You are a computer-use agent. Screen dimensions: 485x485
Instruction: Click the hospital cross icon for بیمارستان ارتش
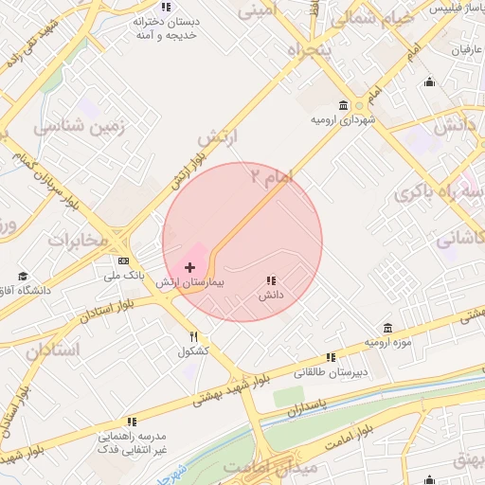[189, 269]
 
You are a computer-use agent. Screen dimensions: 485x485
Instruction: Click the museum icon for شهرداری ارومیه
[343, 106]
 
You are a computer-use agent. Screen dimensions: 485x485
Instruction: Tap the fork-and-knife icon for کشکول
[193, 336]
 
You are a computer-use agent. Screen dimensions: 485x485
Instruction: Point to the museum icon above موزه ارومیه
[386, 327]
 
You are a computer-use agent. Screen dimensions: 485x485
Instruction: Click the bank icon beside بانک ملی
[123, 260]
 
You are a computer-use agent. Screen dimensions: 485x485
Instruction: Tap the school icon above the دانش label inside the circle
[272, 280]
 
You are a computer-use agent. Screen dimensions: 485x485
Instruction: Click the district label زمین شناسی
[73, 125]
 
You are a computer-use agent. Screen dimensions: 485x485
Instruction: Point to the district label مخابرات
[80, 240]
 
